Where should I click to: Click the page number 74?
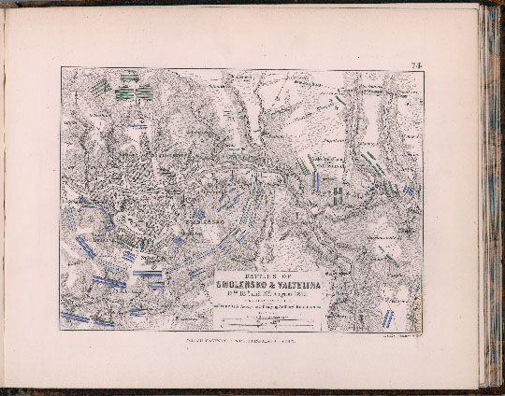point(416,64)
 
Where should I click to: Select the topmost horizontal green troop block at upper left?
point(129,73)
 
